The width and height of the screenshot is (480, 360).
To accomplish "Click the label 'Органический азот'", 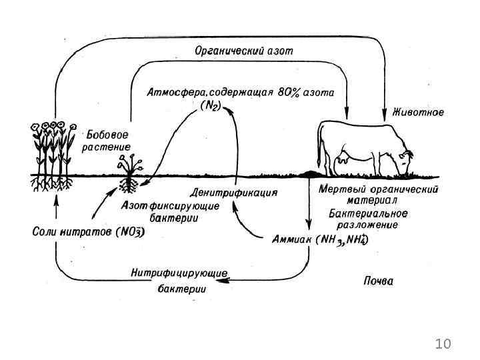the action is [243, 51].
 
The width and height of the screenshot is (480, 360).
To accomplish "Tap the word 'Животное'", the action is [419, 111].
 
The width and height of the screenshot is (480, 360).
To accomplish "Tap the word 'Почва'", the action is [378, 281].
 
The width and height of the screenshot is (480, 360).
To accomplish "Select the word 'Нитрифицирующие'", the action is [180, 273].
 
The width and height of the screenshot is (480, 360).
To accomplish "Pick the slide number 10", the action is [443, 344].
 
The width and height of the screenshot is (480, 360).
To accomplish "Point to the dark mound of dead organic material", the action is [311, 174].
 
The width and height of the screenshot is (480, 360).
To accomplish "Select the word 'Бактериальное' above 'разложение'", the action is [367, 213].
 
